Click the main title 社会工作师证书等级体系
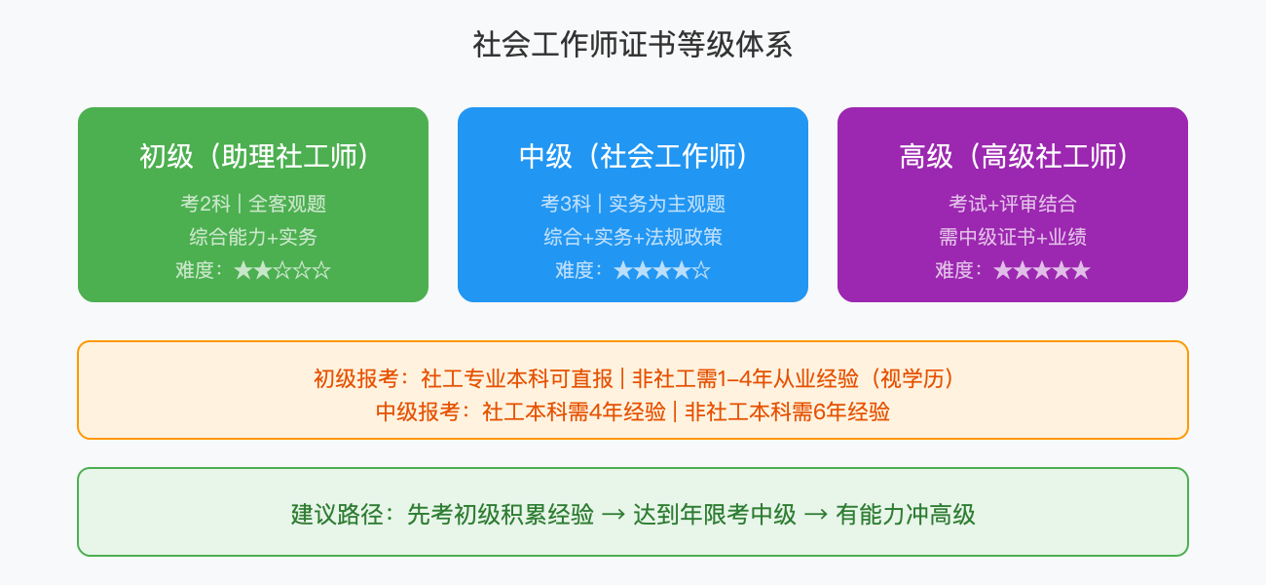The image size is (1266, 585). tap(633, 45)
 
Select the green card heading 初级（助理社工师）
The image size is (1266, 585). tap(253, 156)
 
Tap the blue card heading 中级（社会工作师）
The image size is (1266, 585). tap(633, 156)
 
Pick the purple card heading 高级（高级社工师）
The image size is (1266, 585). tap(1013, 156)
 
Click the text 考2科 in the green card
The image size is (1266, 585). tap(205, 204)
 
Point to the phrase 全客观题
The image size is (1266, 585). tap(287, 204)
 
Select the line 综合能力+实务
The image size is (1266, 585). tap(253, 237)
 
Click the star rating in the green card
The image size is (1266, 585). tap(282, 270)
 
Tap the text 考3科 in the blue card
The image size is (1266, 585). tap(566, 204)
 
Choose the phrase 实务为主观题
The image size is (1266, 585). tap(667, 204)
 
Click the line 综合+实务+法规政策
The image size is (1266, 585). tap(633, 237)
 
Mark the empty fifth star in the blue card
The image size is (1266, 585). tap(701, 270)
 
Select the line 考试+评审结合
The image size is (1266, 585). tap(1013, 204)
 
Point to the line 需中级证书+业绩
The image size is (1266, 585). tap(1013, 237)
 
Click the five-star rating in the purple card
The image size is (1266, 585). tap(1041, 270)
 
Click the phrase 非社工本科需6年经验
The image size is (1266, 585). tap(788, 411)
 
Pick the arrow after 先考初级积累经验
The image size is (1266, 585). tap(614, 515)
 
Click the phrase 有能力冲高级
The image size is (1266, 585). tap(906, 515)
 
